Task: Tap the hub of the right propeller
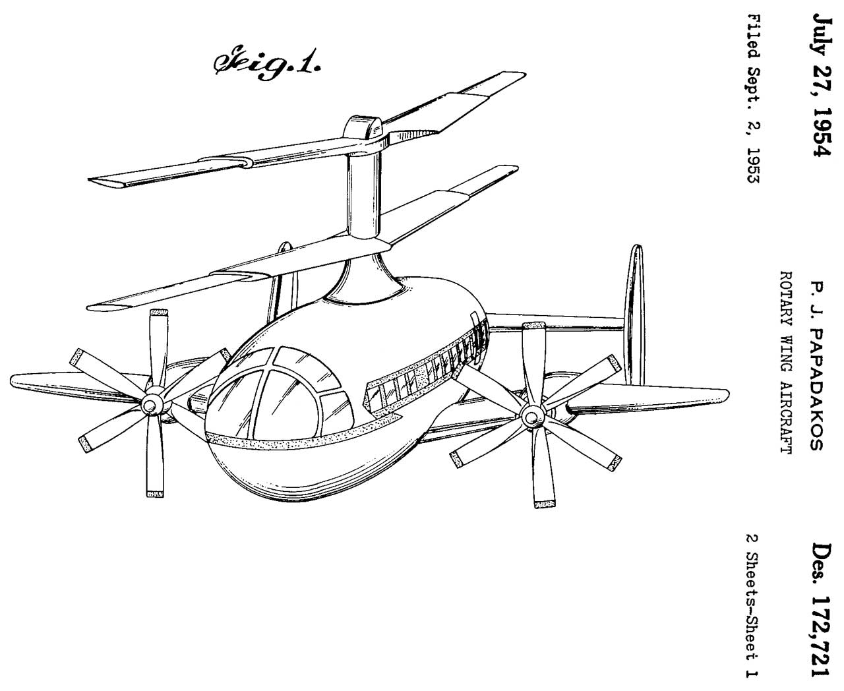coord(530,416)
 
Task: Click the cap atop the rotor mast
coord(365,126)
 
